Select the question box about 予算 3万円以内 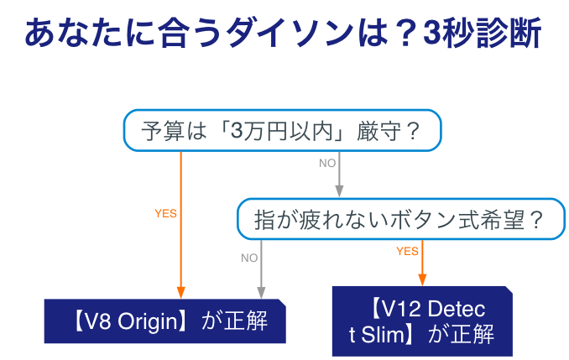click(x=281, y=132)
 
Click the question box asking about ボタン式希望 click(x=399, y=220)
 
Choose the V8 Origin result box click(x=164, y=321)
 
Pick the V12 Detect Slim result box click(x=421, y=321)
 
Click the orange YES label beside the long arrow click(x=165, y=214)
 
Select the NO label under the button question click(x=249, y=258)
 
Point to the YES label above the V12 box click(x=407, y=251)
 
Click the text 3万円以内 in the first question click(x=281, y=132)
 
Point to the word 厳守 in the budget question click(x=374, y=132)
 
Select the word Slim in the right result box click(x=382, y=335)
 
